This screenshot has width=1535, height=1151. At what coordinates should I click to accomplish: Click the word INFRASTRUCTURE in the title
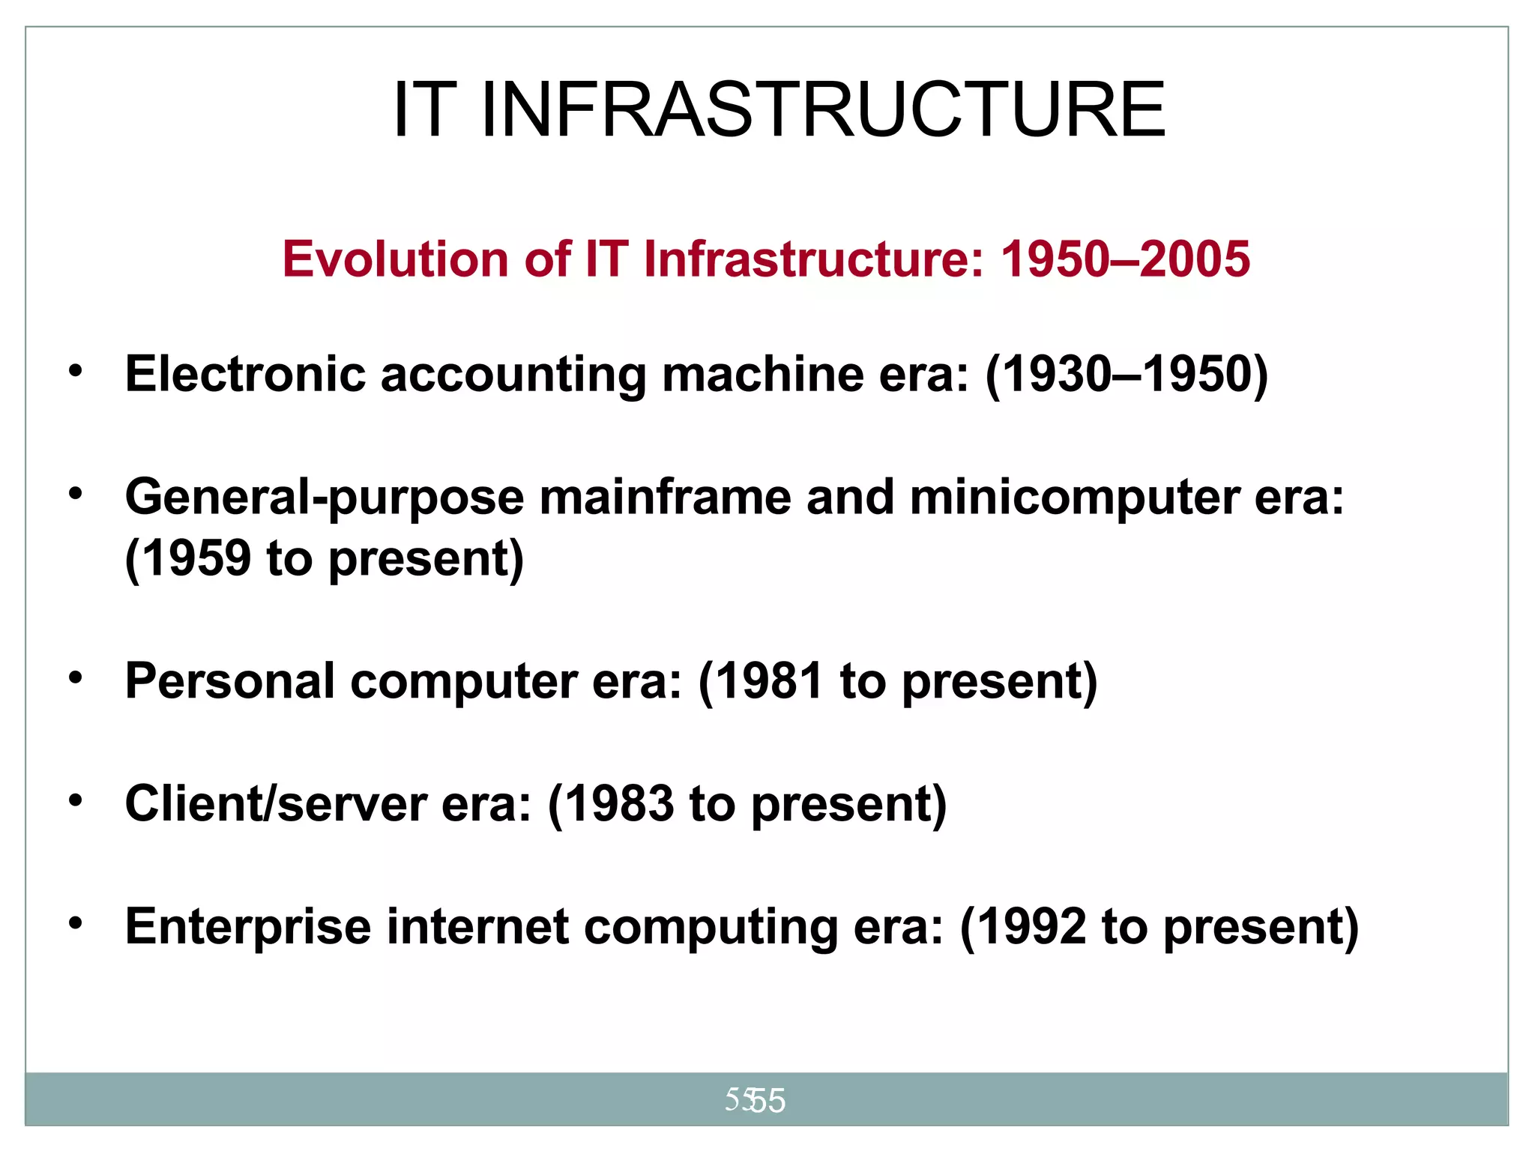822,110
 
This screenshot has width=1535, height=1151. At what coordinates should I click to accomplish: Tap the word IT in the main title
424,110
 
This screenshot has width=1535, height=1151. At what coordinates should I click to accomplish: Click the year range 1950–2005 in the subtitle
1125,259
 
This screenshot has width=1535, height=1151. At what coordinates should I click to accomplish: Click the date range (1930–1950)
1127,374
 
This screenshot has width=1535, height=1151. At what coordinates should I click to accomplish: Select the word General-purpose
325,498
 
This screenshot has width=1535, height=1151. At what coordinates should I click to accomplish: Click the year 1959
196,558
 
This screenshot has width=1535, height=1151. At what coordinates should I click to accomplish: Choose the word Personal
229,681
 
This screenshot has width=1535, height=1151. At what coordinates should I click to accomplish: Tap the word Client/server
275,804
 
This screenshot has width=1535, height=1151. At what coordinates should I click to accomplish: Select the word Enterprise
248,927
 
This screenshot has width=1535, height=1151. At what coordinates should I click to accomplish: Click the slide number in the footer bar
756,1100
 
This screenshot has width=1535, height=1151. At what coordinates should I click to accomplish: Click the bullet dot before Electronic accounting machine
75,370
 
